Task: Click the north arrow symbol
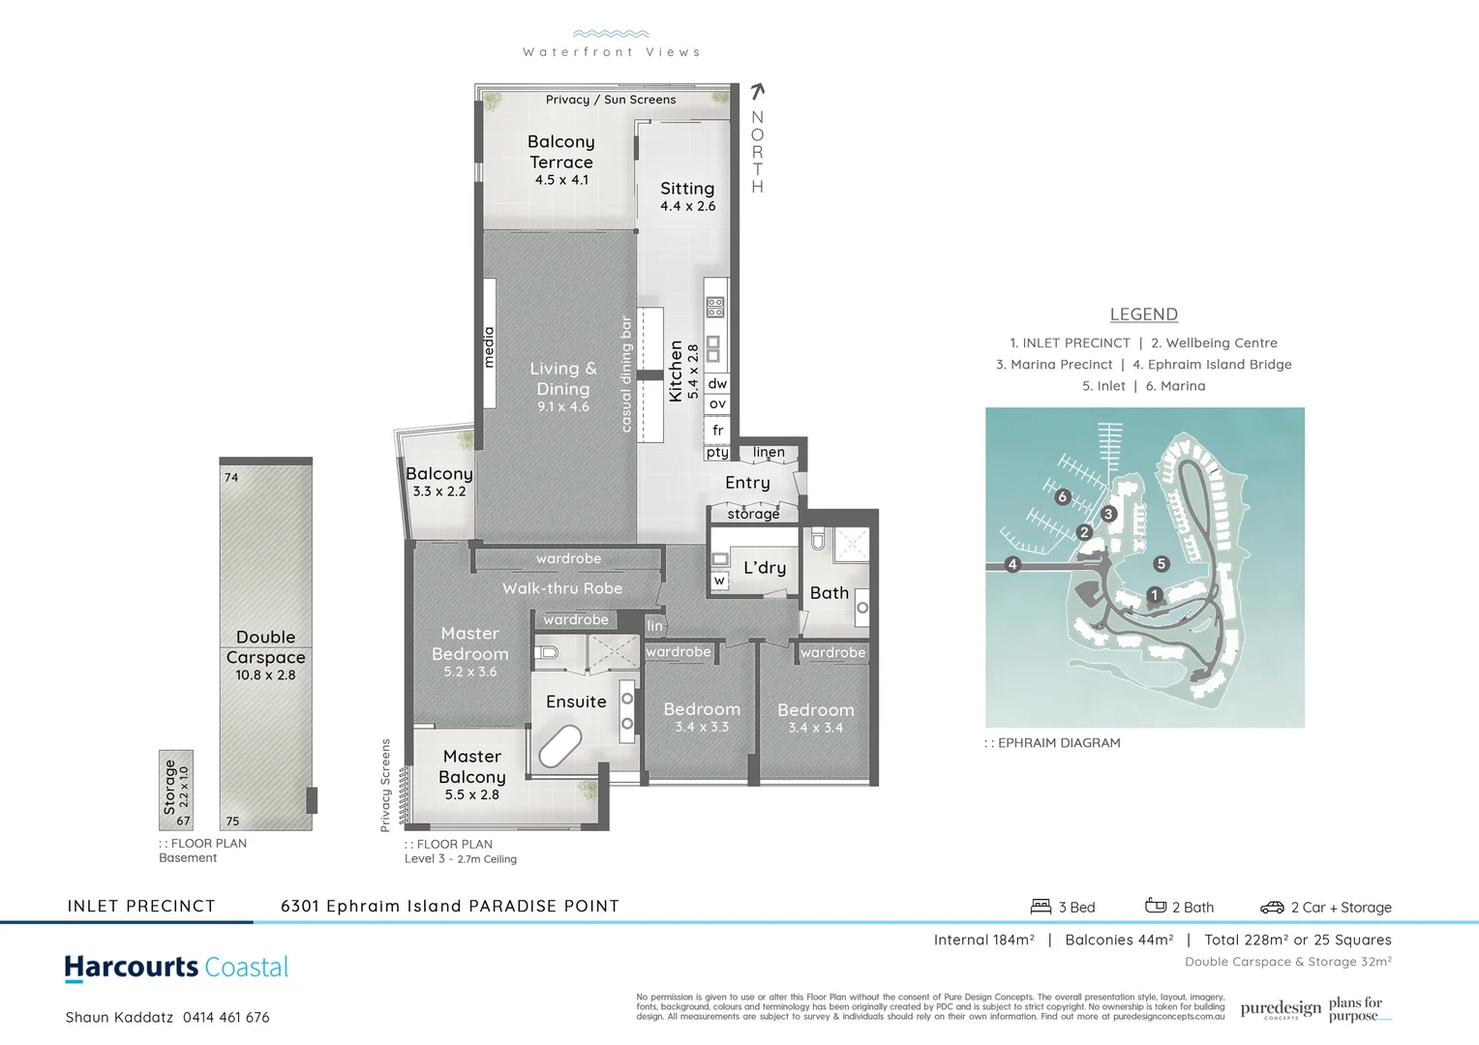click(x=758, y=92)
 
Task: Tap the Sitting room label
click(x=687, y=189)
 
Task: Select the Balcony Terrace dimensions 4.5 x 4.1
click(x=561, y=180)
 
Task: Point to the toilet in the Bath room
click(x=818, y=539)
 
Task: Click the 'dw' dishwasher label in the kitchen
click(x=717, y=383)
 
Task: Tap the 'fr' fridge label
click(x=717, y=430)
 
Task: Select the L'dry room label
click(x=765, y=568)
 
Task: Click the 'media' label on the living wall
click(x=489, y=346)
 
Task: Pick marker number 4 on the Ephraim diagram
click(x=1012, y=564)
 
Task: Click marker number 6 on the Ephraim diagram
click(x=1063, y=496)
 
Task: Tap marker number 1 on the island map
click(x=1154, y=594)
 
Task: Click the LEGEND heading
click(x=1143, y=314)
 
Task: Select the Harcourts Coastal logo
click(x=176, y=968)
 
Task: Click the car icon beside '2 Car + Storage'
click(x=1272, y=908)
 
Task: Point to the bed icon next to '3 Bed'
click(x=1041, y=907)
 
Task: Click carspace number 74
click(x=231, y=477)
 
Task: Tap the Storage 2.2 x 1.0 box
click(x=176, y=790)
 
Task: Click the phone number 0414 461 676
click(x=226, y=1017)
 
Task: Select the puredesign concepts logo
click(x=1280, y=1009)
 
